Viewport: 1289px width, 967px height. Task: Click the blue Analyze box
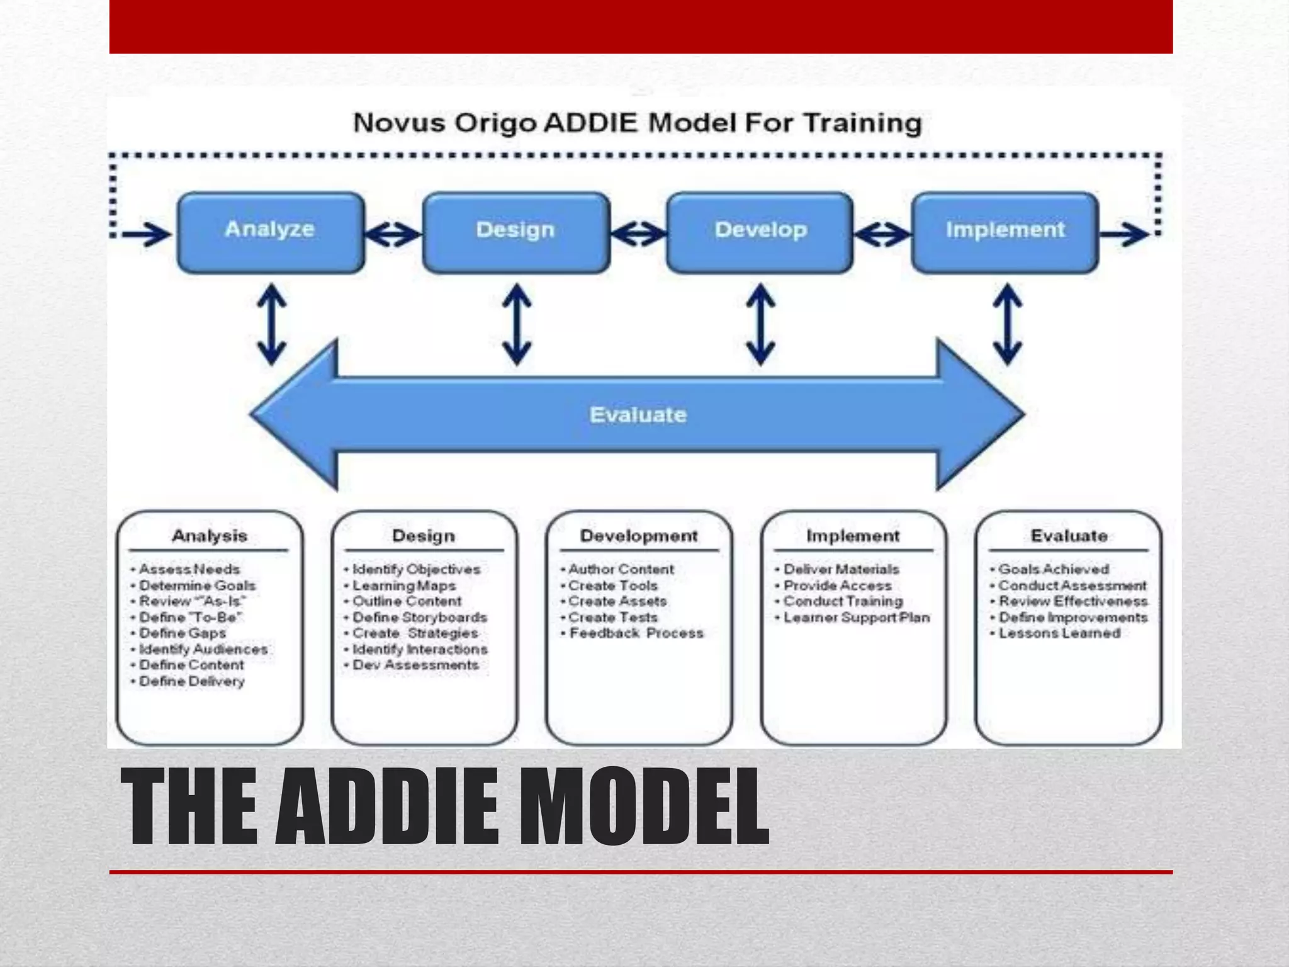click(271, 232)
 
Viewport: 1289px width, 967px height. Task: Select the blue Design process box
click(516, 232)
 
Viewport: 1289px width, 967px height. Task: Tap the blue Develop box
click(760, 232)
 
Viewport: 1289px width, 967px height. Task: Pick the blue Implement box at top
click(1005, 232)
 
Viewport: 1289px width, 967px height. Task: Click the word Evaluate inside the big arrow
click(638, 415)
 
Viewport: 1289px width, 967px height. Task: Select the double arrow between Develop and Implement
click(882, 235)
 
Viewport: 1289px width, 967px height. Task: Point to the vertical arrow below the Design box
click(517, 324)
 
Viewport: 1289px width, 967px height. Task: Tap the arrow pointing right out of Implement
click(1124, 235)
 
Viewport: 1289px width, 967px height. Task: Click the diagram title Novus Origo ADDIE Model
click(637, 123)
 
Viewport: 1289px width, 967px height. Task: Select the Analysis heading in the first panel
click(210, 536)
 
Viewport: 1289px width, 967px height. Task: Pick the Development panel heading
click(639, 536)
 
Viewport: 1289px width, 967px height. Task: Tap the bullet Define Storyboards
click(420, 617)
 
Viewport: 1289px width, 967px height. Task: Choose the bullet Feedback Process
click(636, 633)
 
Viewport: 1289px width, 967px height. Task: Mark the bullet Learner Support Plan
click(856, 617)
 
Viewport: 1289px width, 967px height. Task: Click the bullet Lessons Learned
click(1059, 633)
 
